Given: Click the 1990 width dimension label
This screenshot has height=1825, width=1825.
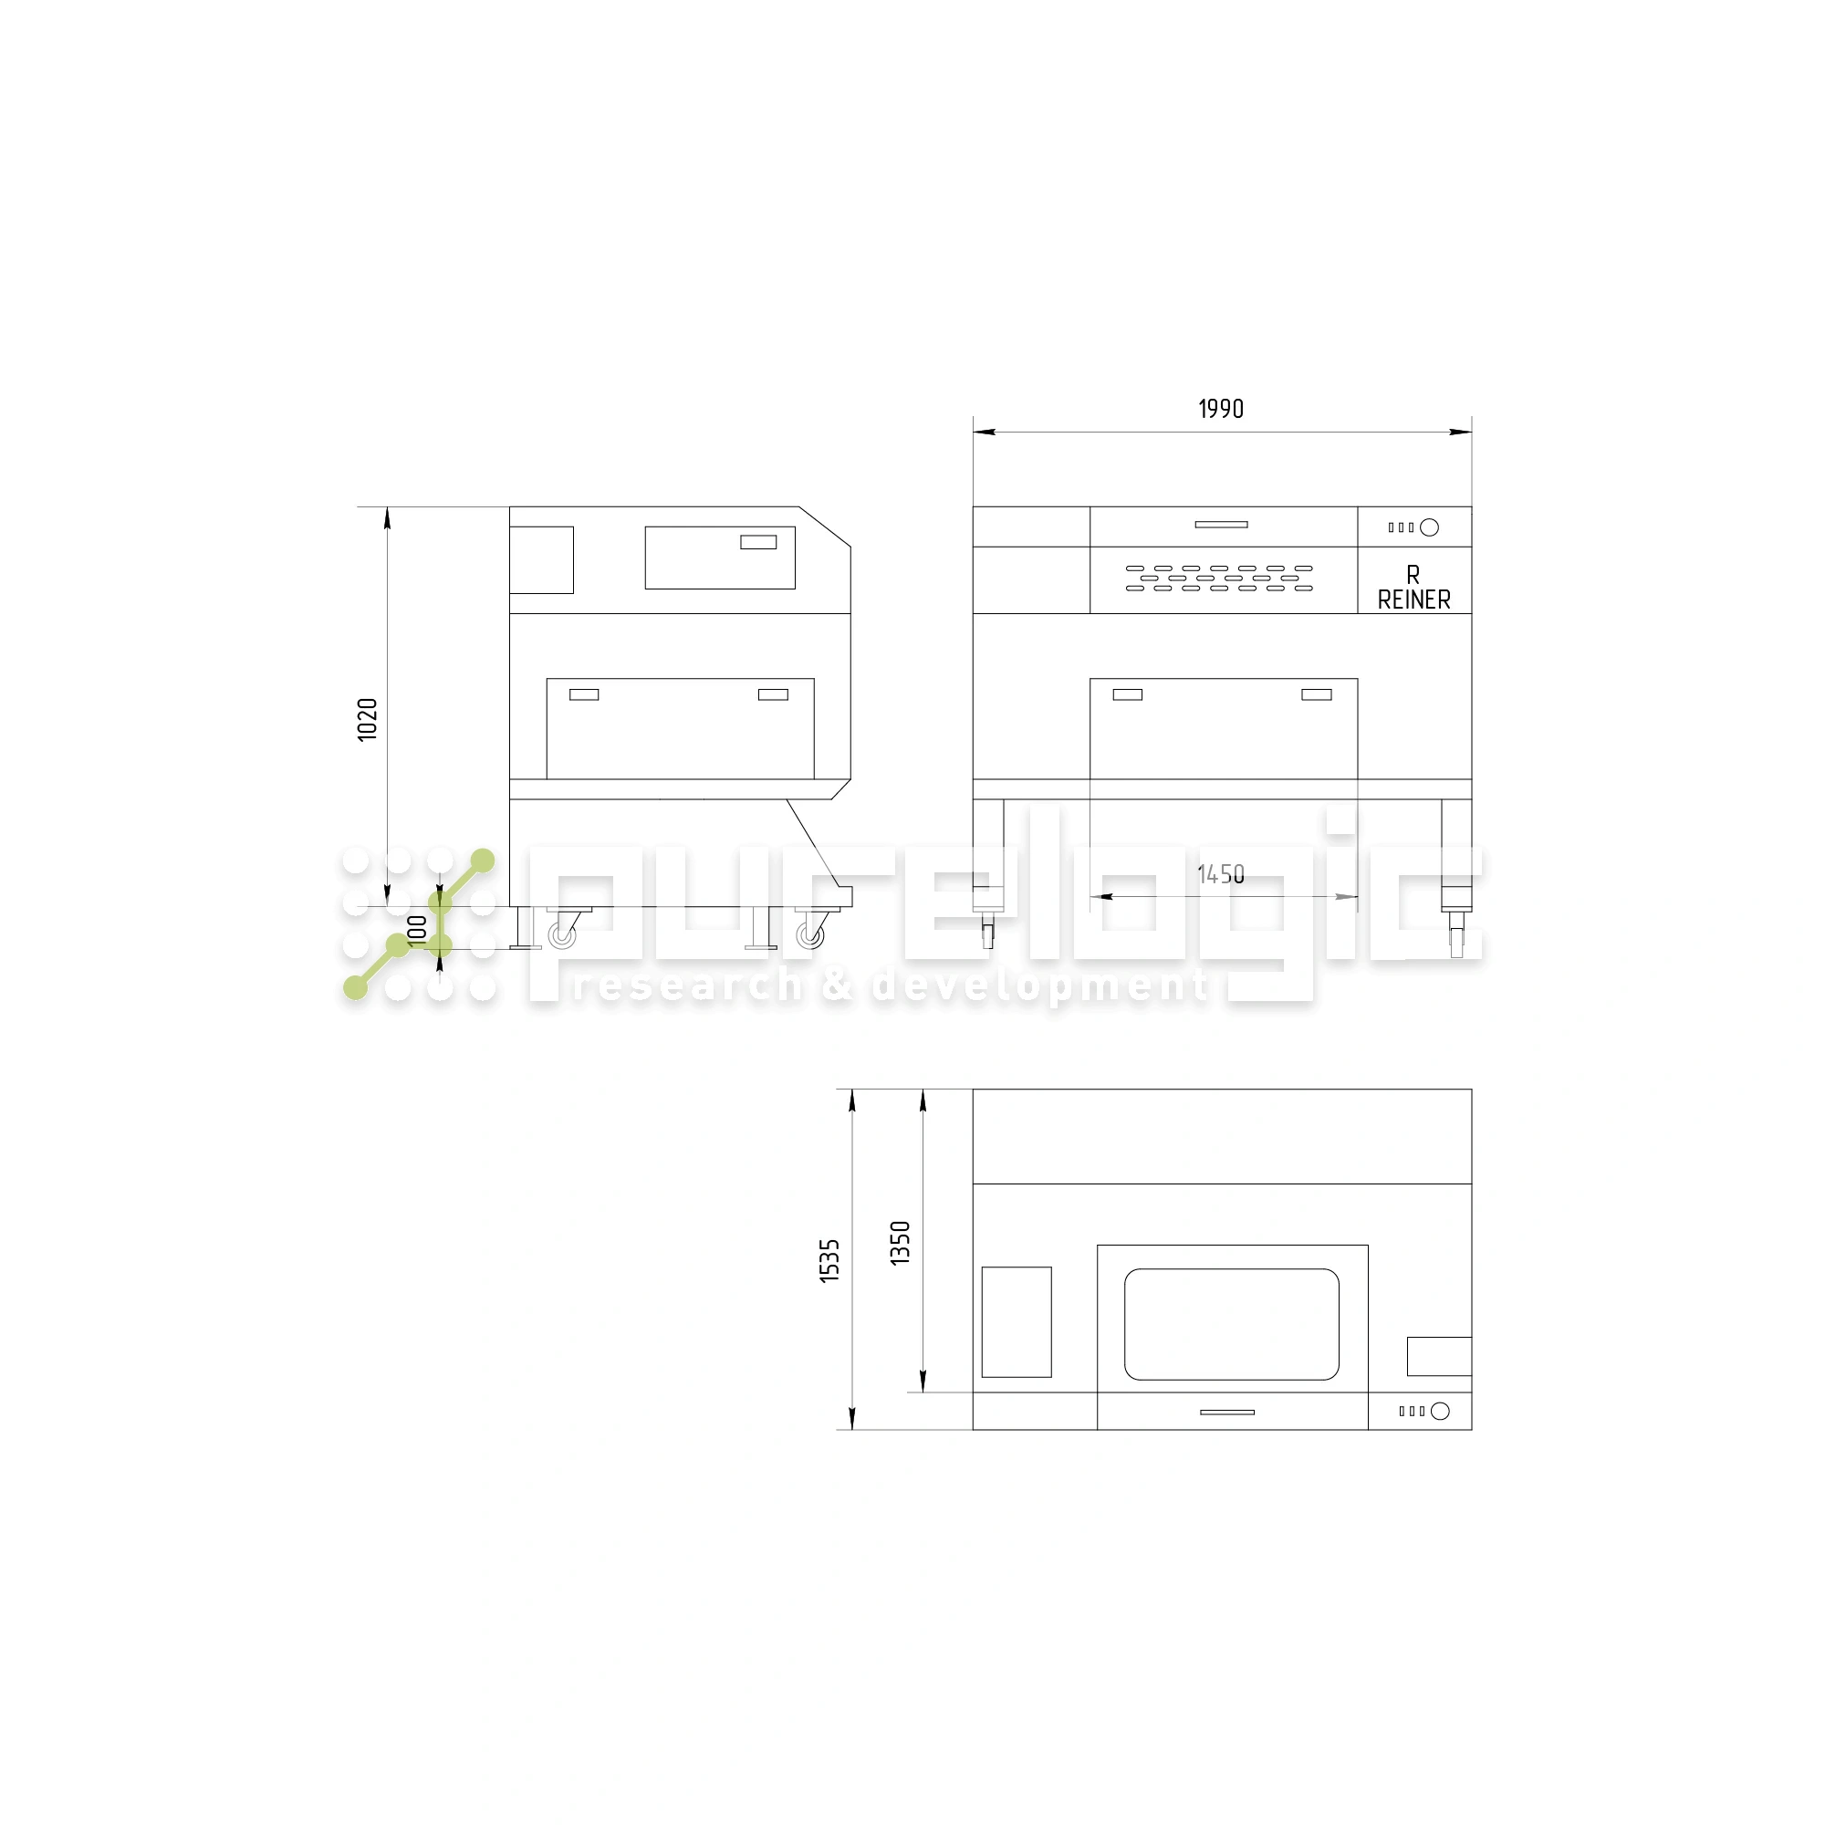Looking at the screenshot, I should point(1220,409).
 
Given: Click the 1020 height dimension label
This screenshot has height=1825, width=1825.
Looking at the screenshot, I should point(368,719).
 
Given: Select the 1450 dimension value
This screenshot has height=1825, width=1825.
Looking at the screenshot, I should point(1220,874).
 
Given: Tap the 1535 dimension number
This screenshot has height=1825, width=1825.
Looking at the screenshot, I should point(829,1260).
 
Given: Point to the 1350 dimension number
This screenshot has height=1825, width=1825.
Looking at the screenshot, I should point(901,1242).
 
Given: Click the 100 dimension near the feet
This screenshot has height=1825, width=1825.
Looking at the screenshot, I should point(417,929).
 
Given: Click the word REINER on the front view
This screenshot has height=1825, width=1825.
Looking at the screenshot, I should point(1413,600).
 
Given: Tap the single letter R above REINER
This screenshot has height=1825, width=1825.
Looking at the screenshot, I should point(1413,574).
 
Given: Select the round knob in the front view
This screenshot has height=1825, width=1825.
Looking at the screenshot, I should point(1429,527).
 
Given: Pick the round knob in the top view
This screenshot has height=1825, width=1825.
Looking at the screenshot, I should point(1440,1412).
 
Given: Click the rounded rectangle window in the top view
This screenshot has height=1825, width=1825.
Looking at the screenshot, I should point(1231,1323).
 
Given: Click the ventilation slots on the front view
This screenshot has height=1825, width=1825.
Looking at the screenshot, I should point(1218,579).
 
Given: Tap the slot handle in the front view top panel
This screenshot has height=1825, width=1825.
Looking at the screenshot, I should point(1220,525).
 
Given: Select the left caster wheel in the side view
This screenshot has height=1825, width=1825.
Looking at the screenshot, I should point(563,935).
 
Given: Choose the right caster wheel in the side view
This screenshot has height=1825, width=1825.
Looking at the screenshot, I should point(809,935).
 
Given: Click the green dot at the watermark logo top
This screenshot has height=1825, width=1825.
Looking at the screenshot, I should point(483,860).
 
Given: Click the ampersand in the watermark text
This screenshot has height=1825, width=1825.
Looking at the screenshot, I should point(837,985).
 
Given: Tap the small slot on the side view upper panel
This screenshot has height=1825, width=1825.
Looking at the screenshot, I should point(757,542).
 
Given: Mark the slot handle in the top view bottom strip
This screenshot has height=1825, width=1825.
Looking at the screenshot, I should point(1226,1413).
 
